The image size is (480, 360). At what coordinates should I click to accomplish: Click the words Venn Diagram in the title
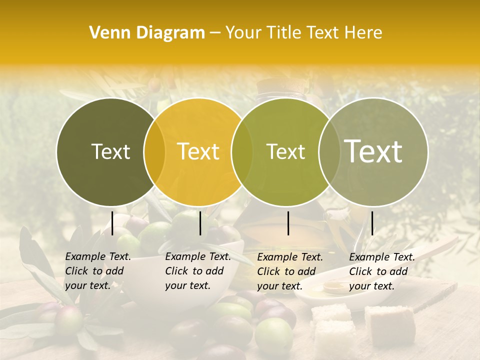[x=147, y=33]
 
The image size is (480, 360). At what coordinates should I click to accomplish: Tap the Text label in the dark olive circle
[x=110, y=151]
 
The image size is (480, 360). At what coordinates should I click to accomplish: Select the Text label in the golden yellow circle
[x=198, y=151]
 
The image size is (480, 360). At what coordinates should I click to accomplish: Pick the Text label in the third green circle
[x=285, y=151]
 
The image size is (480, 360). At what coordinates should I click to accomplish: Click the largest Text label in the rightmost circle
[x=373, y=151]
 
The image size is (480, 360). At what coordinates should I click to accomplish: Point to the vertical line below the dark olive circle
[x=112, y=223]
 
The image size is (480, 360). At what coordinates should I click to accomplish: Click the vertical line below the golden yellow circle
[x=200, y=223]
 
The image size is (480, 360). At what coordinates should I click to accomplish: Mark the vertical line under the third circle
[x=288, y=223]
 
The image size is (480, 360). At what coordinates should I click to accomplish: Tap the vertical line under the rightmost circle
[x=372, y=223]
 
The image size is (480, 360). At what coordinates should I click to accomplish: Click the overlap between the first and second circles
[x=154, y=152]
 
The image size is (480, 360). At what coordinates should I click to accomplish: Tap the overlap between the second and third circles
[x=242, y=152]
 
